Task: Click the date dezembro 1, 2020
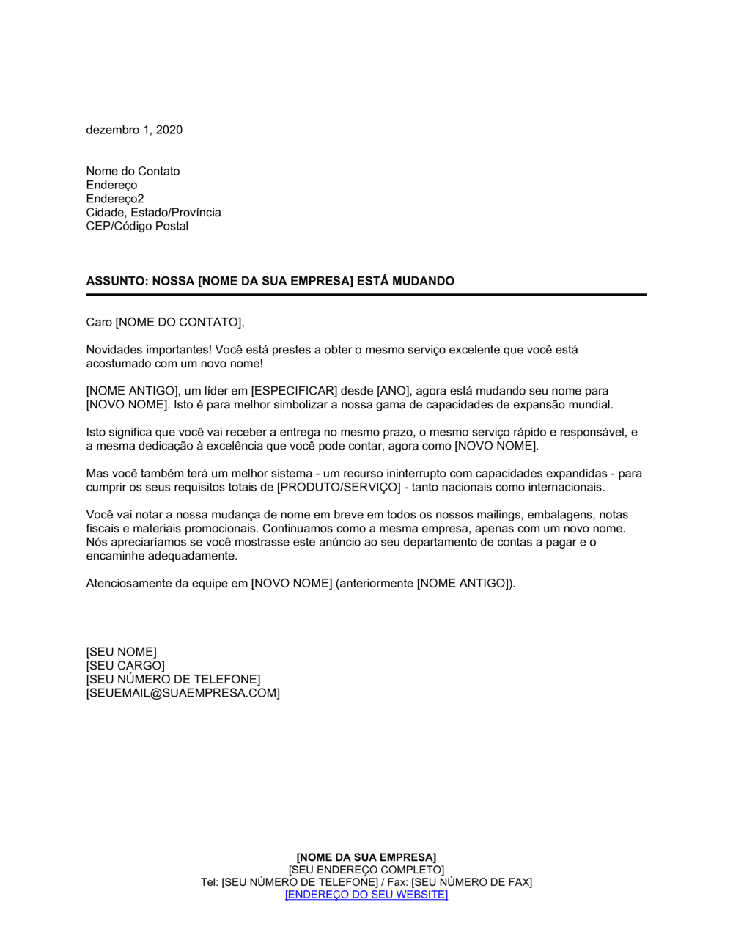(x=134, y=130)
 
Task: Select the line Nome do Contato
(x=133, y=171)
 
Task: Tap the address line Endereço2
(x=115, y=199)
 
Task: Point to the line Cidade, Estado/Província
(x=153, y=212)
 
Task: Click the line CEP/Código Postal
(x=137, y=226)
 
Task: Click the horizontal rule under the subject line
(x=366, y=295)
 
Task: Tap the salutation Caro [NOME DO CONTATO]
(x=165, y=322)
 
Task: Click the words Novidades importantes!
(x=149, y=350)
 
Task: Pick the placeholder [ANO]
(x=393, y=391)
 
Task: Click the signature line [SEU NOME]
(x=121, y=652)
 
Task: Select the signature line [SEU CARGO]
(x=125, y=665)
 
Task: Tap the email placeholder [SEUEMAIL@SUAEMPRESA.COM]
(x=183, y=693)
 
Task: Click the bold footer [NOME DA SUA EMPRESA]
(x=366, y=857)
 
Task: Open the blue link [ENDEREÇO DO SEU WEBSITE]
(x=366, y=895)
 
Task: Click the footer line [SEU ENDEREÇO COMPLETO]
(x=366, y=870)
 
